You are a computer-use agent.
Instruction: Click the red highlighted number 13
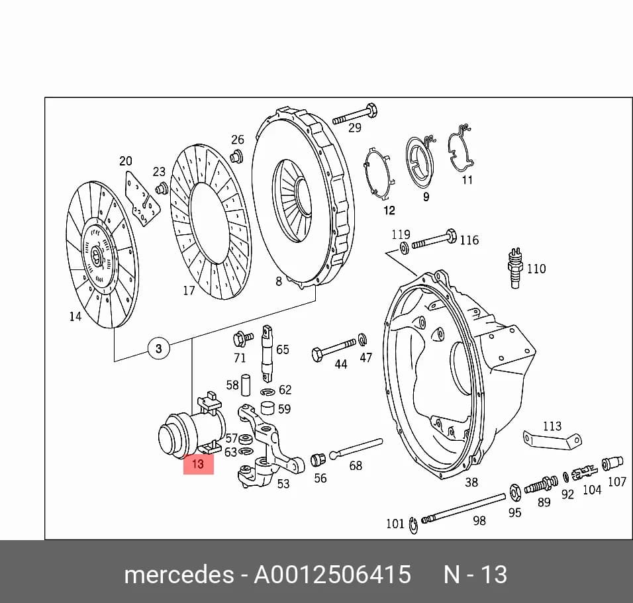pyautogui.click(x=198, y=464)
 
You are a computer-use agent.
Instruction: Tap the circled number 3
pyautogui.click(x=159, y=348)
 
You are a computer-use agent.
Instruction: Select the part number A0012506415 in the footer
pyautogui.click(x=332, y=575)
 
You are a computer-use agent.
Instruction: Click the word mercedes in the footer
pyautogui.click(x=179, y=575)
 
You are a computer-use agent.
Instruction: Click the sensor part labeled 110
pyautogui.click(x=514, y=267)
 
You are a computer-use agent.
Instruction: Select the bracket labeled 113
pyautogui.click(x=552, y=440)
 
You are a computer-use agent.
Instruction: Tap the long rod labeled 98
pyautogui.click(x=463, y=508)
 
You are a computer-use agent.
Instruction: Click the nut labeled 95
pyautogui.click(x=515, y=492)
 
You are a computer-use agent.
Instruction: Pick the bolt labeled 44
pyautogui.click(x=334, y=349)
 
